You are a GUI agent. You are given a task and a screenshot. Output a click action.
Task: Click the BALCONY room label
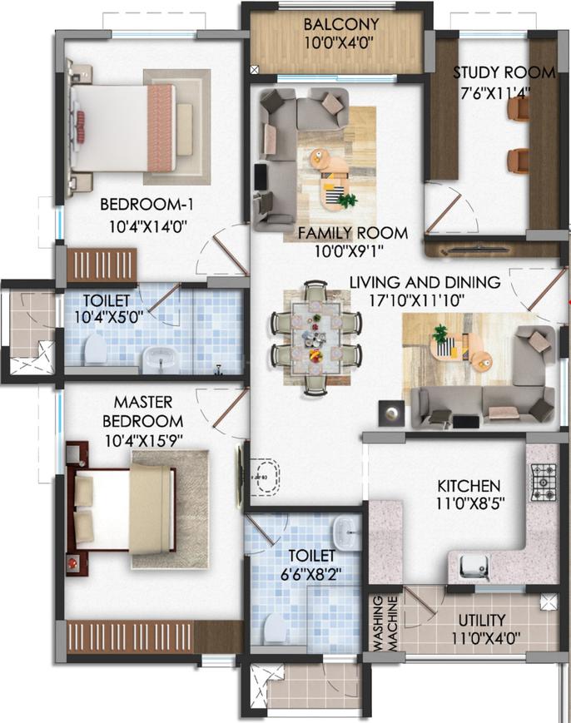coord(341,24)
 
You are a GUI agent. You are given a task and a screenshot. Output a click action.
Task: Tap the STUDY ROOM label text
coord(504,73)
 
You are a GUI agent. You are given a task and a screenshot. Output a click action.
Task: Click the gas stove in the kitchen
coord(544,483)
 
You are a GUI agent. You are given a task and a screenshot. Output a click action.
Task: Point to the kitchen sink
coord(474,567)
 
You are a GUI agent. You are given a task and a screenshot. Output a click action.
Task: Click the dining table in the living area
coord(316,338)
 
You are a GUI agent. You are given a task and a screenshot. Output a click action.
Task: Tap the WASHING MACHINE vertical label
coord(385,623)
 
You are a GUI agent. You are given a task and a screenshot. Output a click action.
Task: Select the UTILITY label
coord(482,620)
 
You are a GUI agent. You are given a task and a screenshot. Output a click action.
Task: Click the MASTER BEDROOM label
coord(142,412)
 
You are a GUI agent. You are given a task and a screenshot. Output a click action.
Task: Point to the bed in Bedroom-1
coord(124,128)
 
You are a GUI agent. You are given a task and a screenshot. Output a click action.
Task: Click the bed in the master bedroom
coord(122,509)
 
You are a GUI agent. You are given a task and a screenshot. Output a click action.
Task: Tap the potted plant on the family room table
coord(347,201)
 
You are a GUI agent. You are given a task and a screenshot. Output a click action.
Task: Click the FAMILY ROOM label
coord(353,233)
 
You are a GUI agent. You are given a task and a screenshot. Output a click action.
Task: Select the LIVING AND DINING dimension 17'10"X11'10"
coord(416,300)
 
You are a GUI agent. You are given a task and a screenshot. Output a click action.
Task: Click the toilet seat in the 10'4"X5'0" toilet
coord(96,349)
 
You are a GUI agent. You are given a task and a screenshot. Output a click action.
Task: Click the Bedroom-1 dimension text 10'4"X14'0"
coord(147,226)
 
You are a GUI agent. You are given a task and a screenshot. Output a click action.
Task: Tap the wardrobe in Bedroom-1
coord(102,265)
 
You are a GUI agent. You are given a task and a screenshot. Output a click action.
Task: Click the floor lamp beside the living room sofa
coord(391,413)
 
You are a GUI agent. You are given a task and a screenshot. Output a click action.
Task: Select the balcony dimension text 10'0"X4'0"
coord(339,43)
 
